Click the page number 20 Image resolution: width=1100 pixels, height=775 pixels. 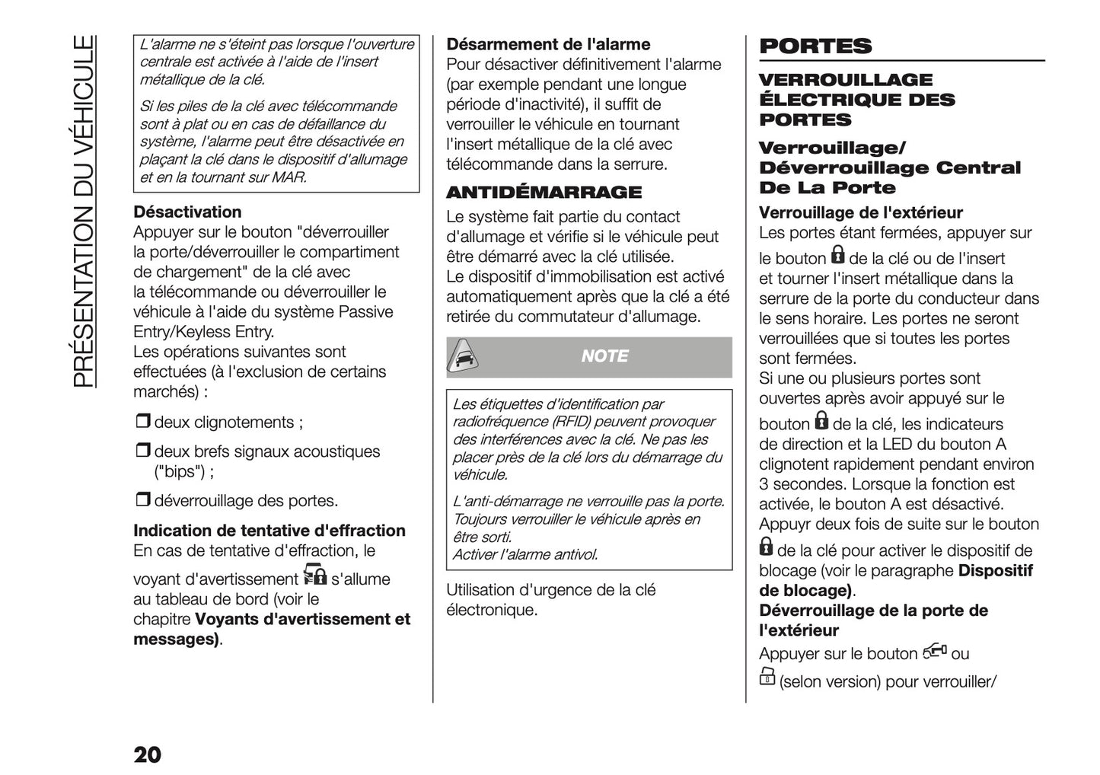[148, 754]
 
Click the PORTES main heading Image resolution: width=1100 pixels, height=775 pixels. [815, 46]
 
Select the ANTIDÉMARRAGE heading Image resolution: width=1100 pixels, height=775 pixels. [544, 192]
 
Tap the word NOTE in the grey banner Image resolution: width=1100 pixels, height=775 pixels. [604, 356]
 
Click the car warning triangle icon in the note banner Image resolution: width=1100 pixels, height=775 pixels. [463, 356]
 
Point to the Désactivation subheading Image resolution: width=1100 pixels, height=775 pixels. [187, 212]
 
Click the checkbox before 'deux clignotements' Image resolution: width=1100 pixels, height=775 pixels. [143, 422]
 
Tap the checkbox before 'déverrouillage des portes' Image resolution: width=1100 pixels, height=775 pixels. [143, 500]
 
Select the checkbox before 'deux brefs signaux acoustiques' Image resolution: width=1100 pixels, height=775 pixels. [143, 451]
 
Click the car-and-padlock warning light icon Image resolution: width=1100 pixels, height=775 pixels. [314, 575]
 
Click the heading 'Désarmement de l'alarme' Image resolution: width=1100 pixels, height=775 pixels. [548, 44]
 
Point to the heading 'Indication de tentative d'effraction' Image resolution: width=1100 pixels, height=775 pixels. [269, 531]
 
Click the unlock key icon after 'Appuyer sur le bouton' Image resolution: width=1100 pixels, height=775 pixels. [935, 652]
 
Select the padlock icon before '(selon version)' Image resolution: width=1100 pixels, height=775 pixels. [767, 677]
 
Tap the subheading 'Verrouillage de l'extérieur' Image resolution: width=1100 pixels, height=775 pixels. [861, 213]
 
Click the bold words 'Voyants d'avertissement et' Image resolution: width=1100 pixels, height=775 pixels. [303, 620]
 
